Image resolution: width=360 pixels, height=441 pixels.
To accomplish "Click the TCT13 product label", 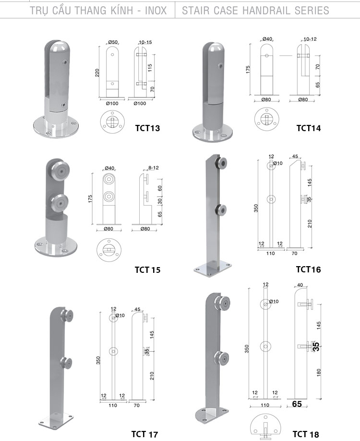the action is click(x=147, y=128).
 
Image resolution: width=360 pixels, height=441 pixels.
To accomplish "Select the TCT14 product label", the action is click(x=308, y=128).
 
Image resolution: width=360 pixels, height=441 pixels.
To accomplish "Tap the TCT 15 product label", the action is click(x=147, y=269).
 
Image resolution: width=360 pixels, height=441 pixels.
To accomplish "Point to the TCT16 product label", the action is click(x=308, y=269).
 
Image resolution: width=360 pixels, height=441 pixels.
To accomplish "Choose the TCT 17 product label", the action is click(x=145, y=434).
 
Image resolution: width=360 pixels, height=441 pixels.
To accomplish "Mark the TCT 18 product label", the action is click(x=306, y=434).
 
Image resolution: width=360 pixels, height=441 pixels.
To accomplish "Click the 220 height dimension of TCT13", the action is click(x=97, y=73).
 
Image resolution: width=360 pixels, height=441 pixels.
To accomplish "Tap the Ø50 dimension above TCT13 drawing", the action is click(x=112, y=42).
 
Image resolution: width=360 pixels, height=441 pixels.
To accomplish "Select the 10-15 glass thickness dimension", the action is click(x=145, y=42).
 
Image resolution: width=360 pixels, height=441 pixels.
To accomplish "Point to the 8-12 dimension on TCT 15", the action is click(x=154, y=168).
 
